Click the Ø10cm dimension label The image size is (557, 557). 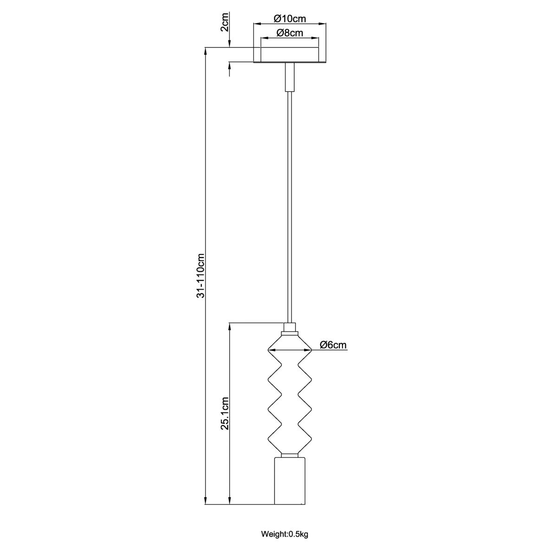[x=290, y=19]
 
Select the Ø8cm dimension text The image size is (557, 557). [x=290, y=33]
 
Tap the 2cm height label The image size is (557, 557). [x=225, y=23]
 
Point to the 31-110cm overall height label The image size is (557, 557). [x=201, y=275]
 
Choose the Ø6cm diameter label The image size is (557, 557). [x=333, y=345]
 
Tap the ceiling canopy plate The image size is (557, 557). [x=290, y=55]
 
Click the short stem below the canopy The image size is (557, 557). [x=290, y=77]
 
